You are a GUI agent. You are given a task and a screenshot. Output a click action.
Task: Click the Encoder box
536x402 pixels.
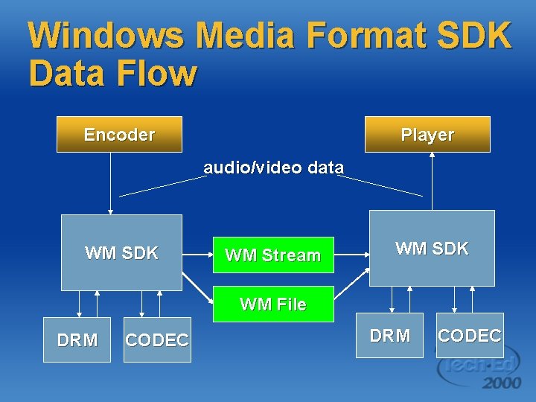click(119, 135)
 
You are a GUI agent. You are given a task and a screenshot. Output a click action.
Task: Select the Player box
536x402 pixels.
click(427, 135)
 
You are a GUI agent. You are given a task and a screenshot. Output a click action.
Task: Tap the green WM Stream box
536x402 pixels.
click(273, 255)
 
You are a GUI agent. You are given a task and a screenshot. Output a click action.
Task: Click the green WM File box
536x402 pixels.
click(273, 304)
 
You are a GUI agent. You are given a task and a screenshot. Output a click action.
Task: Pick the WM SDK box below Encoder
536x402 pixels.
click(121, 252)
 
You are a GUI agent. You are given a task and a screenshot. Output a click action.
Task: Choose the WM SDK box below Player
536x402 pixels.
click(432, 249)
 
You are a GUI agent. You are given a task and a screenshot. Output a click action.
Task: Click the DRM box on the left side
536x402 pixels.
click(77, 340)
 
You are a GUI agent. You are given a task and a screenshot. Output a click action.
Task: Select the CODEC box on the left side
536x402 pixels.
click(157, 340)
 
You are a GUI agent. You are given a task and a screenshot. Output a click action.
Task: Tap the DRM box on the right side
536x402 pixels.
click(389, 336)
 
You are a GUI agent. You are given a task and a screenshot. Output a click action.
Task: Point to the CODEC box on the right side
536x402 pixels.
click(470, 336)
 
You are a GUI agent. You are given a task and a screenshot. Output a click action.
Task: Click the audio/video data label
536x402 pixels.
click(273, 167)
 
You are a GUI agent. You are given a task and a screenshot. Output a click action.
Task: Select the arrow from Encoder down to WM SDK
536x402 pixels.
click(110, 182)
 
